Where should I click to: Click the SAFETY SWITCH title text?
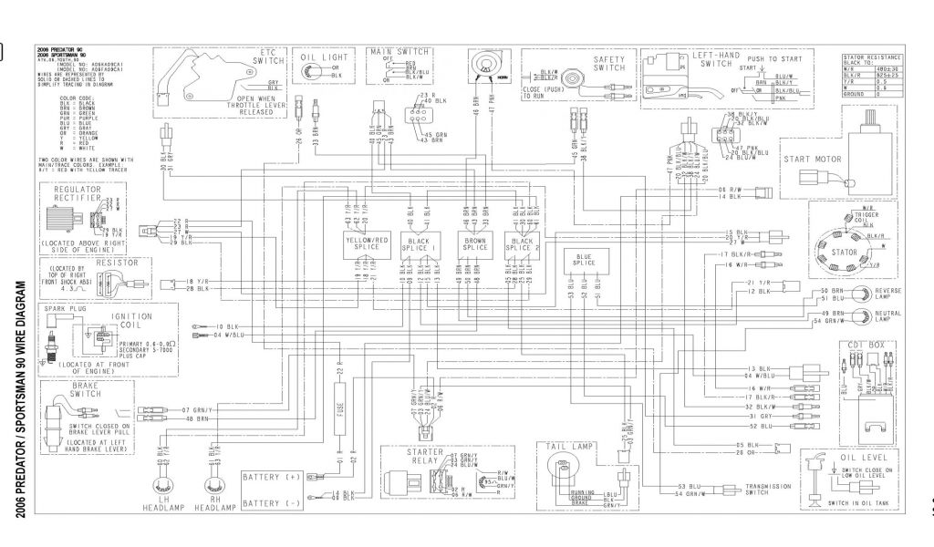coord(609,62)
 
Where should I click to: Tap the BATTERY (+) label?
coord(270,477)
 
